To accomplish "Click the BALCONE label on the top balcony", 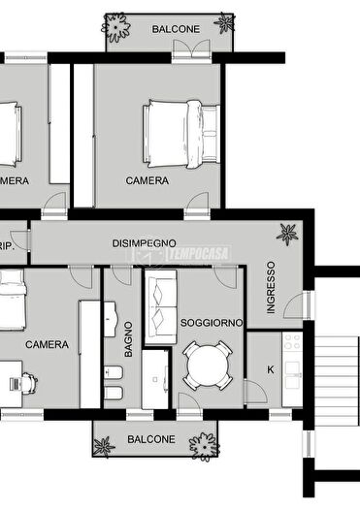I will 176,29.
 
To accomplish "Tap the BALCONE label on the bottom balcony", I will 151,439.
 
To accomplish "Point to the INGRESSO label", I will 271,286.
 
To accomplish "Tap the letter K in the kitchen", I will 270,369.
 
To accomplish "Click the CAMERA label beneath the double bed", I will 147,180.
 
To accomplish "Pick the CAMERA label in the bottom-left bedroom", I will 46,344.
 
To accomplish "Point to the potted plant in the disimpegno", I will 287,233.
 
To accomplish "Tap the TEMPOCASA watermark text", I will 198,253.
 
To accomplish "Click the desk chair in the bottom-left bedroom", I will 16,381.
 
